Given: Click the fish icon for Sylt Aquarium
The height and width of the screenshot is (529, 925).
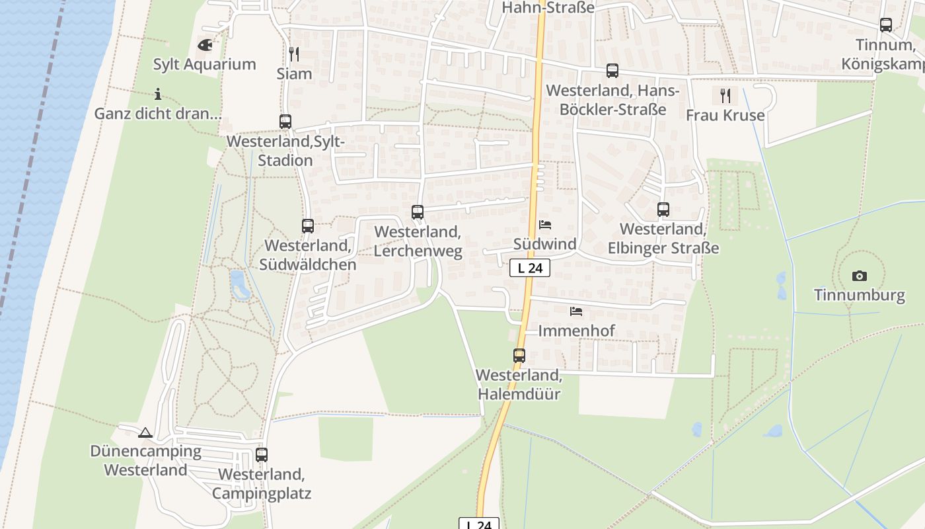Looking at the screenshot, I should coord(205,45).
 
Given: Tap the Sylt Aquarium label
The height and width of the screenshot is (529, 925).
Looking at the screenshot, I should coord(204,64).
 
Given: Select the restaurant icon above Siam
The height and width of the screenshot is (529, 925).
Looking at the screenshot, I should coord(294,54).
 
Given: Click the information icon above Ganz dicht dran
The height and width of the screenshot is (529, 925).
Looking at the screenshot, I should coord(157,94).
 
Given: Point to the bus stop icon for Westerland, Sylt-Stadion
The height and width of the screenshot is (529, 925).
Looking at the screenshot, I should coord(285,122).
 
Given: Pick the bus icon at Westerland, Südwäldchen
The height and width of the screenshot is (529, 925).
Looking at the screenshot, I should coord(308,226).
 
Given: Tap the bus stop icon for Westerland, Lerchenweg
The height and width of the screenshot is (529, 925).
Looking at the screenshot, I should coord(418,212).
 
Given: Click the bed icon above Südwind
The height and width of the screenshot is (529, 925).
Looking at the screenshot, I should coord(545,225).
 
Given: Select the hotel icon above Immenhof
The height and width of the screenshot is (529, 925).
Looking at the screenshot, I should coord(576,311).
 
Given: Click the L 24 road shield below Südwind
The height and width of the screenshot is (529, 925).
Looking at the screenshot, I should coord(530,268).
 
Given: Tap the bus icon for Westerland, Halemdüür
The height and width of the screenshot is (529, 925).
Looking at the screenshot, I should coord(519,356).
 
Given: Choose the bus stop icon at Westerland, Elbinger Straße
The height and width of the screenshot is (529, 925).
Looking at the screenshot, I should coord(663,210).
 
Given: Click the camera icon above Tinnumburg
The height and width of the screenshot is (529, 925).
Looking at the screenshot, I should coord(859,276).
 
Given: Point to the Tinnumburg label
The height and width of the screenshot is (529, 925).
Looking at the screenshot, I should coord(859,295).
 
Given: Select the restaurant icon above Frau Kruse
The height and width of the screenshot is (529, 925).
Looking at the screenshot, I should coord(725,96).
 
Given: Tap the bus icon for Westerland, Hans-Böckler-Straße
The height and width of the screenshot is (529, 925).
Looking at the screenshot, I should coord(612,71).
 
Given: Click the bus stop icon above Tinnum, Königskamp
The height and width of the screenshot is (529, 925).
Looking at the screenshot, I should coord(886,25).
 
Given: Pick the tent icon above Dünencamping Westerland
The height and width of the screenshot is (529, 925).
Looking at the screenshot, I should coord(145,433).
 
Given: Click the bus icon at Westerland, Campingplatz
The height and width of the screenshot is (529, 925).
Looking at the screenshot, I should coord(262,455).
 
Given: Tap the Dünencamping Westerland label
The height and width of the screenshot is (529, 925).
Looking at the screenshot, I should coord(146,461).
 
